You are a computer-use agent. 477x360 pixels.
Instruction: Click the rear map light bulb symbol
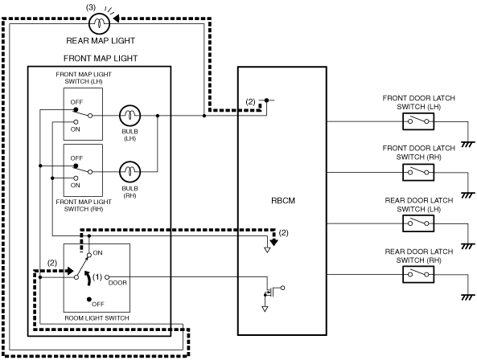point(99,22)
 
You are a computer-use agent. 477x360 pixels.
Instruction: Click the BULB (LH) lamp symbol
point(130,116)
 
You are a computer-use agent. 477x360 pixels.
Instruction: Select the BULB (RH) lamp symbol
point(130,172)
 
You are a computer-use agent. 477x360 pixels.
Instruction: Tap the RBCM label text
point(283,201)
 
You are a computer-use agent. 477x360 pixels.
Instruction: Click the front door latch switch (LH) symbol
point(418,121)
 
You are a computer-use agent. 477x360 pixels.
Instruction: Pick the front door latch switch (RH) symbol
point(418,173)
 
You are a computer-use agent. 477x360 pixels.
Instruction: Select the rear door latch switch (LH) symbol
point(418,223)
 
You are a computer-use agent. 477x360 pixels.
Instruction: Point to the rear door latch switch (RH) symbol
point(418,275)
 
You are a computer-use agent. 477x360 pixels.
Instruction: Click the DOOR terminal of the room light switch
point(107,277)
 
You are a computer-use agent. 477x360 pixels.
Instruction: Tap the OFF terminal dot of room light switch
point(88,300)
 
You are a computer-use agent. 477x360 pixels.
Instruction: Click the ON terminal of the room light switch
point(89,256)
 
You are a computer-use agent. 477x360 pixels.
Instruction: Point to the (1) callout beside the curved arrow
point(97,277)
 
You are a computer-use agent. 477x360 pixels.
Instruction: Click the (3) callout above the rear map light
point(91,7)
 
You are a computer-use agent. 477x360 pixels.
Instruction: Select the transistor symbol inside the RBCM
point(272,291)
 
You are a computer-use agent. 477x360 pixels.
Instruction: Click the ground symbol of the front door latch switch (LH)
point(468,144)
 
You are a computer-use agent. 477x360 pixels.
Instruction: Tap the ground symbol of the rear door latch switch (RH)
point(468,297)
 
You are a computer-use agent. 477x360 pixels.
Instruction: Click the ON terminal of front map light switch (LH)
point(76,122)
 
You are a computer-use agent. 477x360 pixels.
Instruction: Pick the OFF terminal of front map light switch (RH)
point(76,166)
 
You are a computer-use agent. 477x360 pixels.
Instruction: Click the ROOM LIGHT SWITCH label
point(97,318)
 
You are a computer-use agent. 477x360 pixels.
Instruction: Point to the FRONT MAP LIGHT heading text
point(101,59)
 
